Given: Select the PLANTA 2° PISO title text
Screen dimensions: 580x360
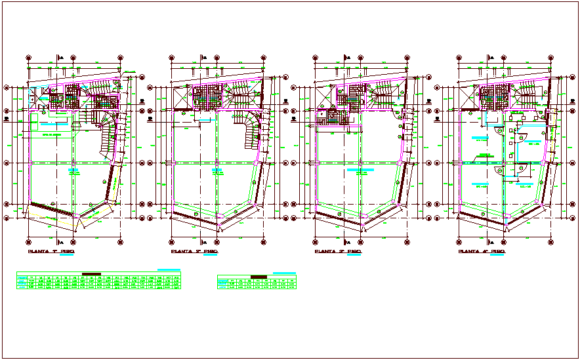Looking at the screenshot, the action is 194,251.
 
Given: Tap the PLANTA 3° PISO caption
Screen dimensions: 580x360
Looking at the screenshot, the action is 337,251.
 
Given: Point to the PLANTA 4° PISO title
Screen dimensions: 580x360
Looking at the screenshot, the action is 481,251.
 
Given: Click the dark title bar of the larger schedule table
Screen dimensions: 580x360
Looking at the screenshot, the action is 91,273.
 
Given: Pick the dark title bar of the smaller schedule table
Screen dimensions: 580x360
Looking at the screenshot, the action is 259,276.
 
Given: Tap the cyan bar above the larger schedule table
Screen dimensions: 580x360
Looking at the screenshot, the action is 169,270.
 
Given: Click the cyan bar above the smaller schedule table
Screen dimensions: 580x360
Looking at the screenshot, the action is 284,272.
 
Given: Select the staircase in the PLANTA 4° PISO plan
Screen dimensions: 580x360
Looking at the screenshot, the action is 524,97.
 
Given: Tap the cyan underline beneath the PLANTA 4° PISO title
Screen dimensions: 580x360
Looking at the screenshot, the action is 497,256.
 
